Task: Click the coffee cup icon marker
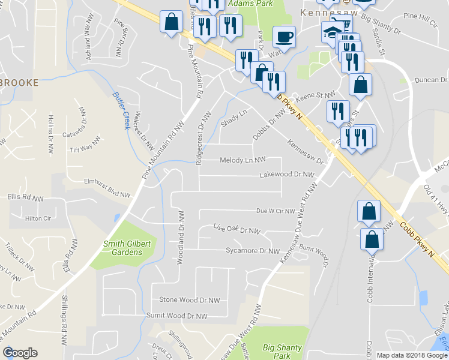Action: [284, 37]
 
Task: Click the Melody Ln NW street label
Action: [243, 160]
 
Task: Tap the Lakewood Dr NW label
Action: [287, 175]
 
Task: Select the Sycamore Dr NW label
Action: [253, 251]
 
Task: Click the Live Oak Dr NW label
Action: [237, 229]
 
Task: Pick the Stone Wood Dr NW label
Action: [189, 300]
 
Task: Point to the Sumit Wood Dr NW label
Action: [177, 316]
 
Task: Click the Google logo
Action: [20, 353]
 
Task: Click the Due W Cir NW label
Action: [276, 211]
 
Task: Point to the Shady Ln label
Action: [234, 114]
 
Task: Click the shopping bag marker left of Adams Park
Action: [171, 22]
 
